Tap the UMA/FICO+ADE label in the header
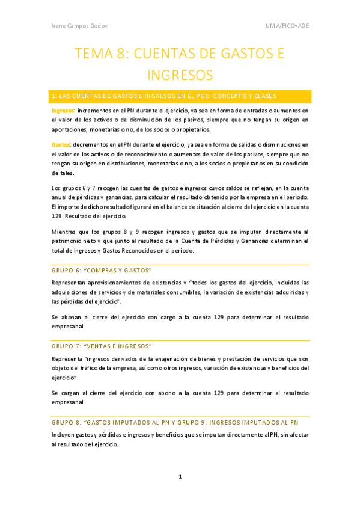[287, 27]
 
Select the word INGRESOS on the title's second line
[180, 76]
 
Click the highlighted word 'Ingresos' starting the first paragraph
[63, 111]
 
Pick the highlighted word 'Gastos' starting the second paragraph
[61, 145]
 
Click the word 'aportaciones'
[70, 129]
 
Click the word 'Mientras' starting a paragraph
[65, 232]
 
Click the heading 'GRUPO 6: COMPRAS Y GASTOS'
[102, 270]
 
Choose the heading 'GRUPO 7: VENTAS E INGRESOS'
[102, 346]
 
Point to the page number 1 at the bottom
[180, 478]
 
